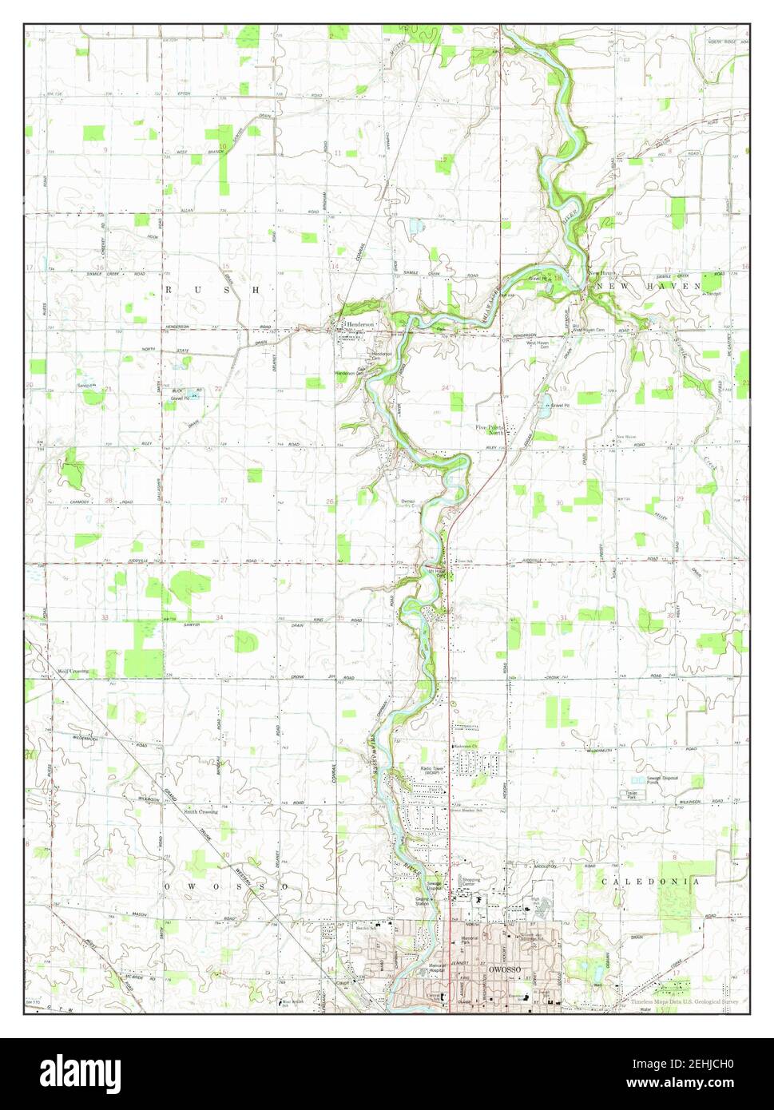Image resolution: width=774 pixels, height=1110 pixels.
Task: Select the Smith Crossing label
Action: click(x=200, y=811)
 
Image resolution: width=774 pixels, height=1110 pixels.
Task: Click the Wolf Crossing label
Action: click(x=72, y=671)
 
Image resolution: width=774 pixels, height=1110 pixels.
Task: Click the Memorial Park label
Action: click(x=470, y=941)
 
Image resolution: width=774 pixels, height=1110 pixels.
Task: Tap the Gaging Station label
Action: click(x=423, y=901)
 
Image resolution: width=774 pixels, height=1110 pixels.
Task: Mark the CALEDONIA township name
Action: click(x=650, y=882)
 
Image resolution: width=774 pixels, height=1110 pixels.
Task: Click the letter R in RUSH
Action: click(x=169, y=290)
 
